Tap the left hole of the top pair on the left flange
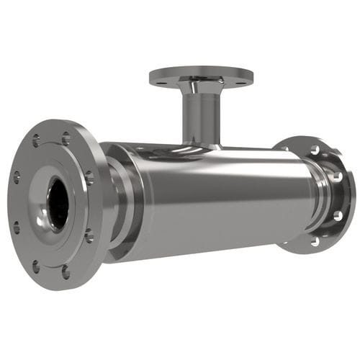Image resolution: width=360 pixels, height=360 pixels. coord(37,141)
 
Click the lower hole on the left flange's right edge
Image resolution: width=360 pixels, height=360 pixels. coord(89,235)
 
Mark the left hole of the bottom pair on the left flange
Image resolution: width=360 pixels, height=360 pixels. coord(35,267)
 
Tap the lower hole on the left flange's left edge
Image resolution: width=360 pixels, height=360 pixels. coord(17,229)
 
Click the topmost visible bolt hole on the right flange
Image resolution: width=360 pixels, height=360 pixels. coord(315,150)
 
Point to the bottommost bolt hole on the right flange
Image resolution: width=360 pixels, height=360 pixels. coord(314,241)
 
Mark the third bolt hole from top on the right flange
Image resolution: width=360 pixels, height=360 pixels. coord(337,215)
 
